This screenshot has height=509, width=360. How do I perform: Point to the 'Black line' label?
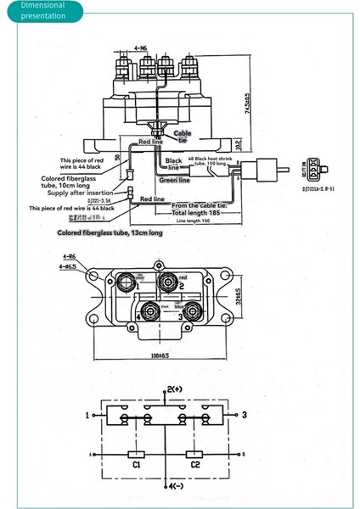(x=173, y=165)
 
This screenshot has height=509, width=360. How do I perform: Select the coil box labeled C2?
(x=195, y=455)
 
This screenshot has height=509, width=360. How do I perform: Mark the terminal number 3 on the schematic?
(x=245, y=415)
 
